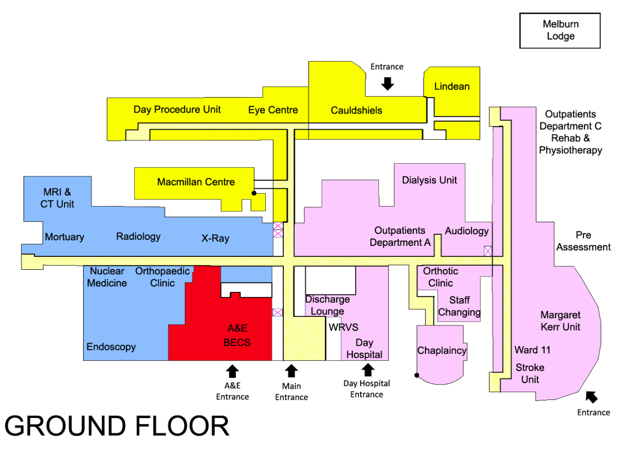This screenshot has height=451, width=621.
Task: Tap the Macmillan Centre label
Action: point(196,182)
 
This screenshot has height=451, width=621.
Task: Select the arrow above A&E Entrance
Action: point(232,371)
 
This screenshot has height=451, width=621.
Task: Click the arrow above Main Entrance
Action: point(291,371)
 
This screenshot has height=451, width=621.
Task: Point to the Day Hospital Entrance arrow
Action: point(368,370)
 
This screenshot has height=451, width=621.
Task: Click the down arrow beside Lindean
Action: point(387,84)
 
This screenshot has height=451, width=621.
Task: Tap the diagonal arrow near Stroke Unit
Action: point(591,397)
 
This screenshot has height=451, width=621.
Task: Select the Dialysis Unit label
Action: point(429,180)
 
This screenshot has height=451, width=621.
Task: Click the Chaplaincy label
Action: point(442,350)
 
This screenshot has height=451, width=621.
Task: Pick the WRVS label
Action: point(343,327)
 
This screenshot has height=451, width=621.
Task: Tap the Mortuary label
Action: point(65,237)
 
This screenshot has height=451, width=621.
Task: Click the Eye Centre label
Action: point(273,110)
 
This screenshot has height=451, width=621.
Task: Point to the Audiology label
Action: point(466,231)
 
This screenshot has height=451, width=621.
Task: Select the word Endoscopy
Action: point(111,347)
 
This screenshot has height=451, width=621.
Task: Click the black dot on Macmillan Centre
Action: point(254,193)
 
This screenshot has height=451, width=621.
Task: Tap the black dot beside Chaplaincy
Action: point(416,375)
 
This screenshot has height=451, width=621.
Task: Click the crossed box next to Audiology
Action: point(488,251)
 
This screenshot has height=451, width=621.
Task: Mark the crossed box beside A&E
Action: point(278,312)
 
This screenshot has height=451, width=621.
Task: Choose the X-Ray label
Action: point(215,238)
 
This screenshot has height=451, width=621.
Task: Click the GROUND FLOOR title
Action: point(117,426)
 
